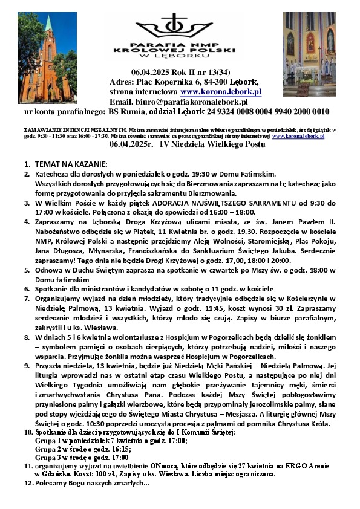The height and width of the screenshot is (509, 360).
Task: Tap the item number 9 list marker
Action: click(x=27, y=374)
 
